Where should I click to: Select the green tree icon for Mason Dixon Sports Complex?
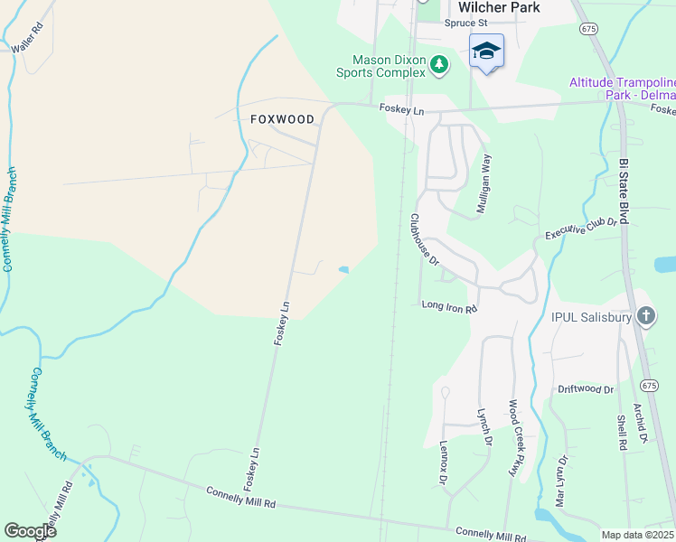point(438,63)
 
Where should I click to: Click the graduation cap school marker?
point(486,51)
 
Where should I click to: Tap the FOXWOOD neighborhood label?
point(282,119)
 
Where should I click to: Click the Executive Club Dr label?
point(580,228)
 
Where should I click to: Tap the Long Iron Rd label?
point(448,307)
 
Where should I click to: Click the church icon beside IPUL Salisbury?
point(645,316)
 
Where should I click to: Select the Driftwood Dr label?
point(586,389)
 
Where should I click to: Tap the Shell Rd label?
point(622,433)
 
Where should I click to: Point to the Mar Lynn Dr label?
point(561,480)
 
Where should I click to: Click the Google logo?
point(31,531)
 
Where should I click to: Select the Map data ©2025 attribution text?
point(636,535)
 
